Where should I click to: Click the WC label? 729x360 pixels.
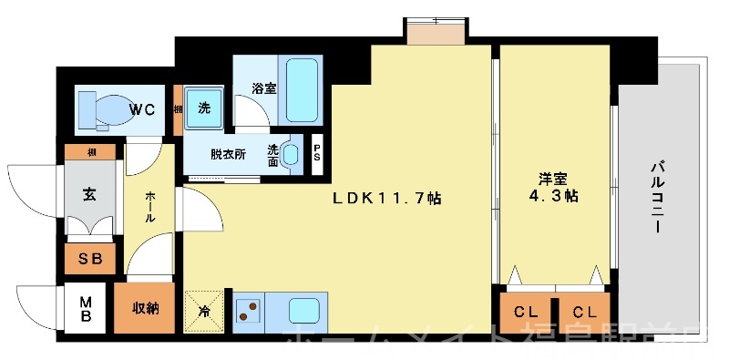(141, 109)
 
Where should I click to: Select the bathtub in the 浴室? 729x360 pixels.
(303, 90)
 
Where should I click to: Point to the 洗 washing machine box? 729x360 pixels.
(203, 108)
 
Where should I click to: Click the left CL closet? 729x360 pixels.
(525, 313)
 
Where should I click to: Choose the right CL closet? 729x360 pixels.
(583, 313)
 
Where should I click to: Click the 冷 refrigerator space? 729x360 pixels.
(203, 311)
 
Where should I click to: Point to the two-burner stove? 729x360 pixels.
(247, 311)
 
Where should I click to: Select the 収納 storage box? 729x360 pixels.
(141, 308)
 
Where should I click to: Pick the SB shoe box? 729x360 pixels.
(89, 258)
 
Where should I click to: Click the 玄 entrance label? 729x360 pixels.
(89, 194)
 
